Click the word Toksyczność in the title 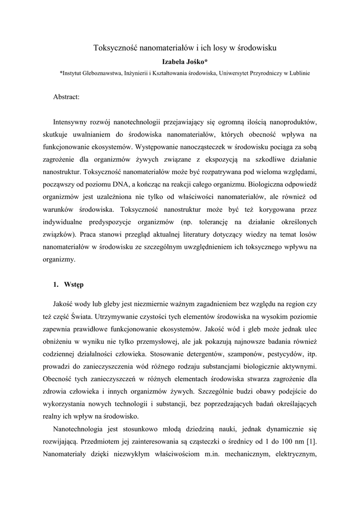tap(116, 48)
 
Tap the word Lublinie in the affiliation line tap(298, 73)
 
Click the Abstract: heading tap(67, 97)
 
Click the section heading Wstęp tap(74, 285)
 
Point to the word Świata tap(99, 316)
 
